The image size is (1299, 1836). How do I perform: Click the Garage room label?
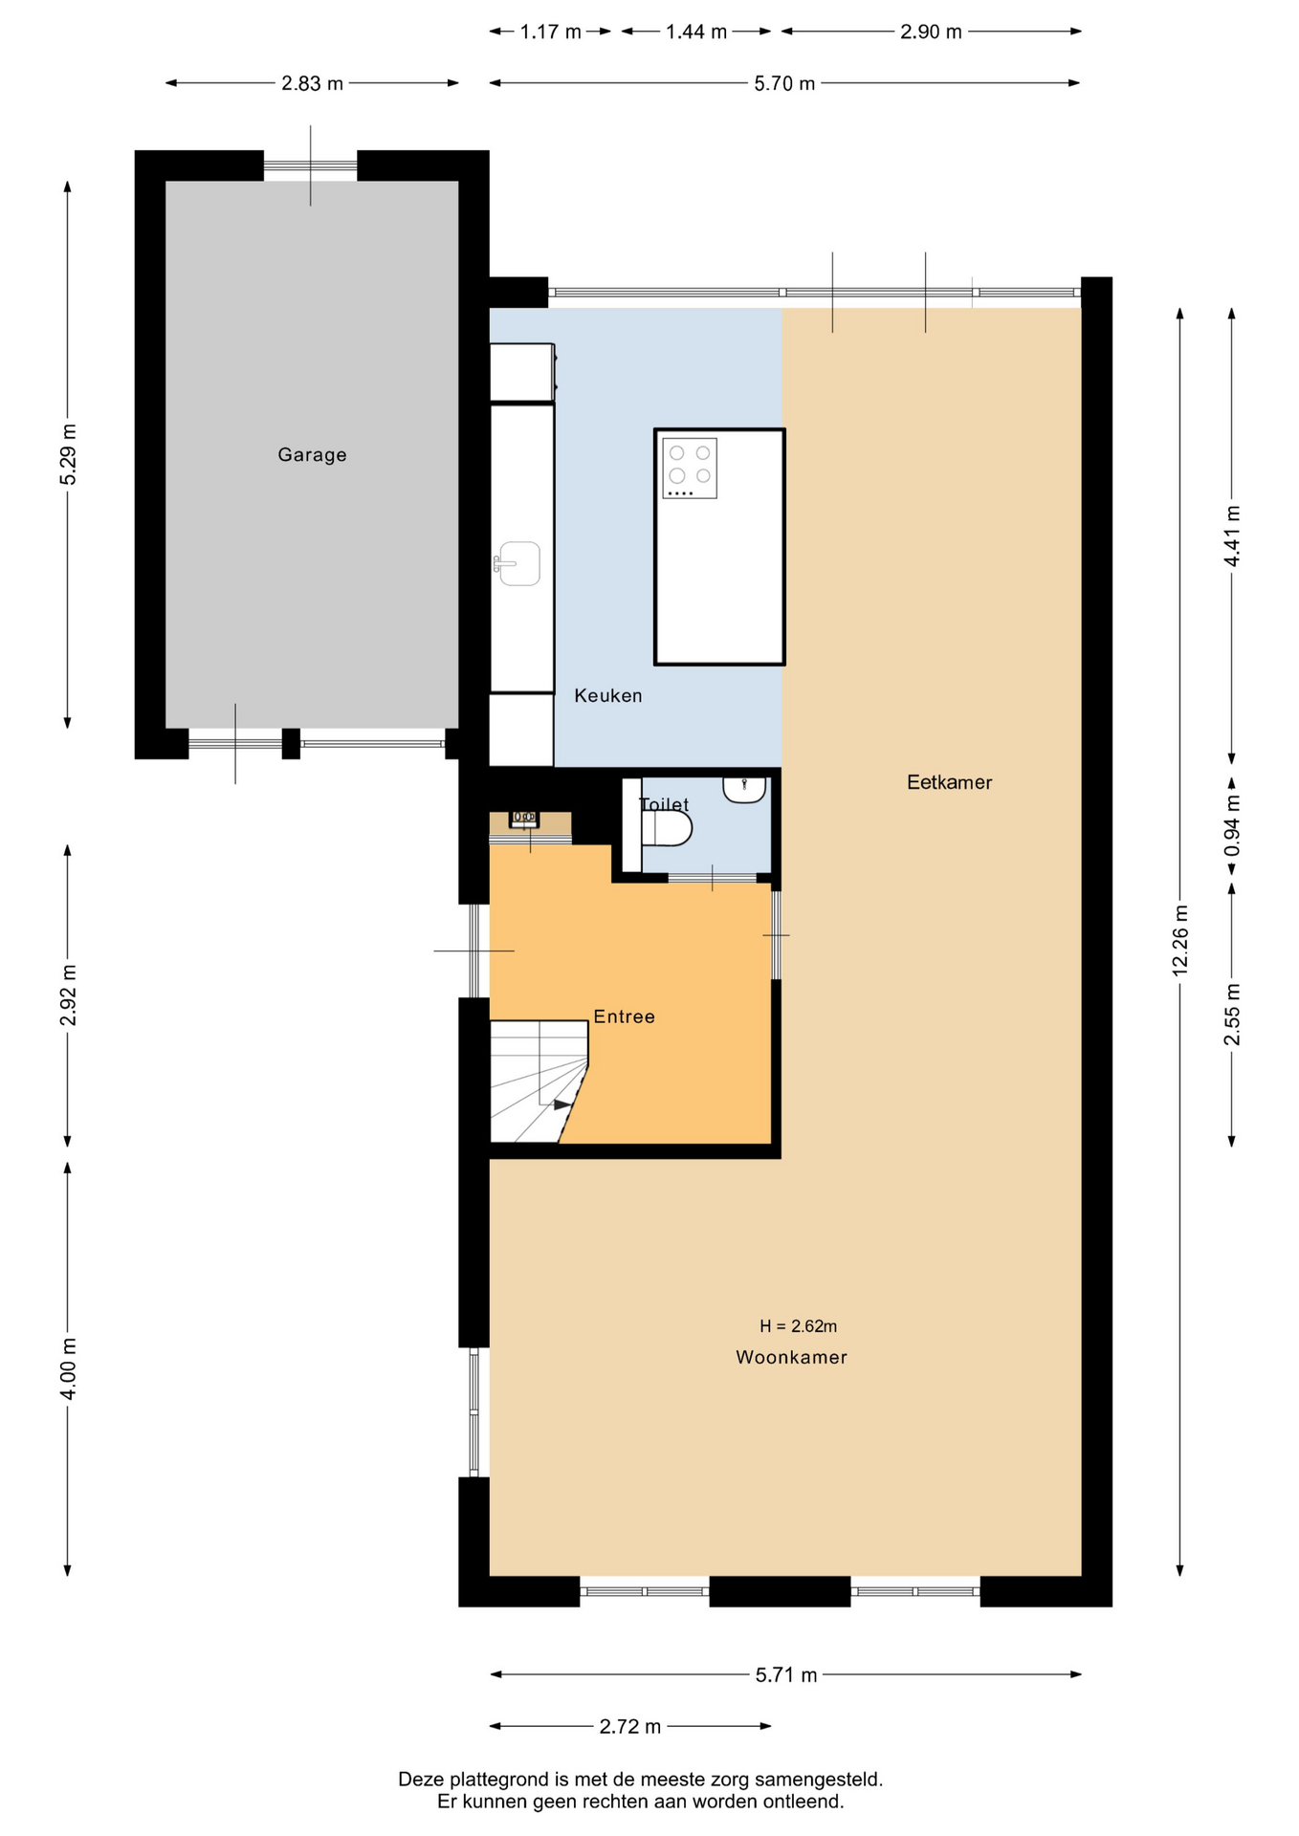pyautogui.click(x=312, y=455)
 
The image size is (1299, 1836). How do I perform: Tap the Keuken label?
pyautogui.click(x=608, y=696)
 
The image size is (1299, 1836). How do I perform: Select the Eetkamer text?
pyautogui.click(x=949, y=782)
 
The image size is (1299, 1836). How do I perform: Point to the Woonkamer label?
pyautogui.click(x=791, y=1357)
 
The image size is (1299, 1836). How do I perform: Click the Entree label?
pyautogui.click(x=624, y=1016)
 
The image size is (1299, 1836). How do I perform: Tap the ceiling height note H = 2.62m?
pyautogui.click(x=798, y=1326)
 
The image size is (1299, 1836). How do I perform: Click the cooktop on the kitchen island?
pyautogui.click(x=690, y=469)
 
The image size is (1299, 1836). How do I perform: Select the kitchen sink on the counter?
pyautogui.click(x=517, y=563)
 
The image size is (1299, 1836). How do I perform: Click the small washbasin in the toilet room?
pyautogui.click(x=744, y=790)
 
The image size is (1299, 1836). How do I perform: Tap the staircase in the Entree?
pyautogui.click(x=539, y=1082)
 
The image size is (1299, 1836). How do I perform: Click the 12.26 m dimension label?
pyautogui.click(x=1179, y=940)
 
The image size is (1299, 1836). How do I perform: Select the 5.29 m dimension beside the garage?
pyautogui.click(x=68, y=454)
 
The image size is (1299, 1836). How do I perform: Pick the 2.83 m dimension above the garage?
pyautogui.click(x=312, y=83)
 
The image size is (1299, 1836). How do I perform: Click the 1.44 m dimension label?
pyautogui.click(x=696, y=32)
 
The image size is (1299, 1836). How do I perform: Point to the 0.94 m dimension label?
pyautogui.click(x=1232, y=826)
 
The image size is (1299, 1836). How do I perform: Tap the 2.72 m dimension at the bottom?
pyautogui.click(x=630, y=1726)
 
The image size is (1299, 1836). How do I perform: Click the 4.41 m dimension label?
pyautogui.click(x=1232, y=535)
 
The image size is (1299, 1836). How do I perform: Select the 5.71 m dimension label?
pyautogui.click(x=786, y=1674)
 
